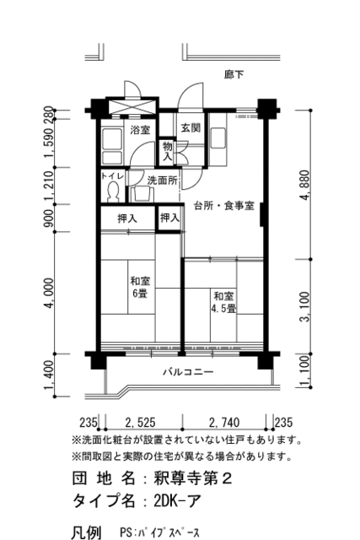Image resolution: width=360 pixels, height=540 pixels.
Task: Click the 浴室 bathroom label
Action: point(139,130)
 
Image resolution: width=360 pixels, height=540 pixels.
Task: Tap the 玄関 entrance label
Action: point(190,127)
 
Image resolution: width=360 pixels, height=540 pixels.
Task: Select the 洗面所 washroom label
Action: point(163,180)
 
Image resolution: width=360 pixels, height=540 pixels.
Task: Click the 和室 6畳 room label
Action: point(139,287)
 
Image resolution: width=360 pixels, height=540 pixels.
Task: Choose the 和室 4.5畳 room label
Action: point(223,302)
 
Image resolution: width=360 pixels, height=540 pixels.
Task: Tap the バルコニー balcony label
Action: point(188,371)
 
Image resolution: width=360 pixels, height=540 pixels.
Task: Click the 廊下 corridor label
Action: point(234,75)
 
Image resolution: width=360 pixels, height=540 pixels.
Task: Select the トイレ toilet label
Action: point(111,176)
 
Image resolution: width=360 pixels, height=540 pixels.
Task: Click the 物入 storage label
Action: point(168,151)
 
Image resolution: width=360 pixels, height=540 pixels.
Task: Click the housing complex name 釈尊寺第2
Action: point(194,478)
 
